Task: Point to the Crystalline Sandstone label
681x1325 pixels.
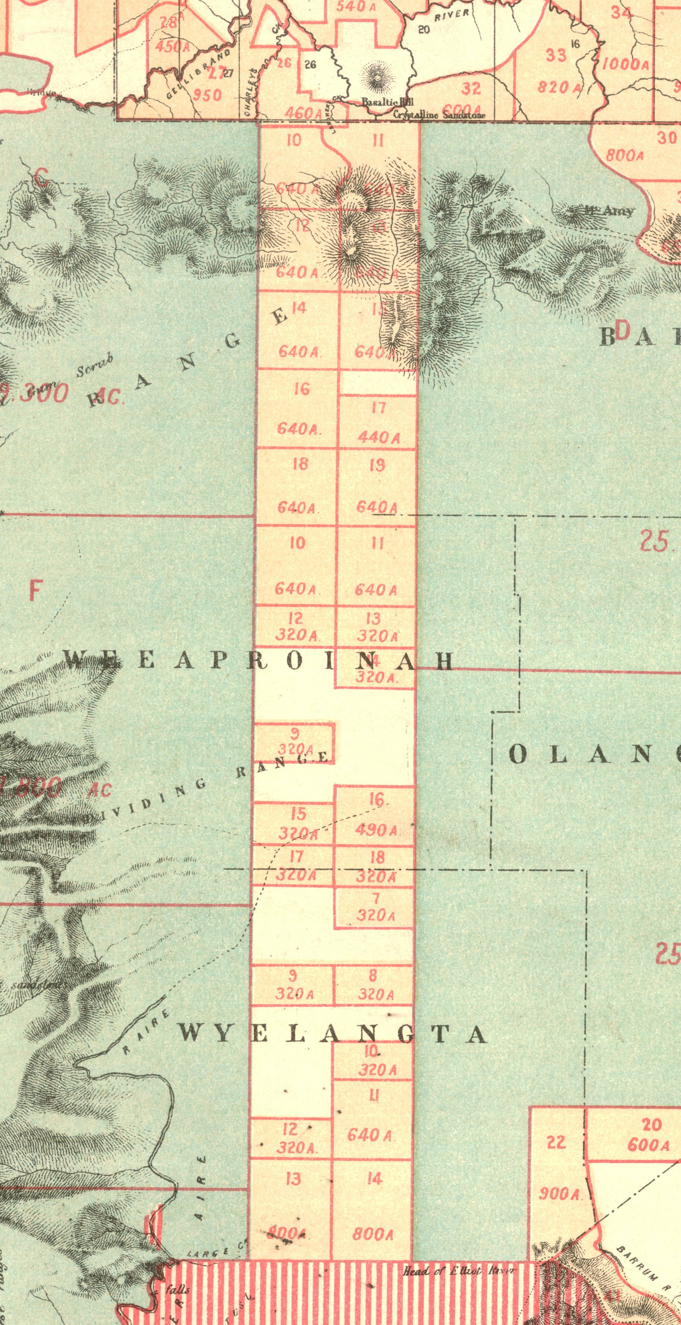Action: pyautogui.click(x=439, y=115)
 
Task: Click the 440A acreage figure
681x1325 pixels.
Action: pyautogui.click(x=379, y=438)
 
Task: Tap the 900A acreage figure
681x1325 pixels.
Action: pyautogui.click(x=559, y=1194)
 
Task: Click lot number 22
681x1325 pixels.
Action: pyautogui.click(x=556, y=1142)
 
